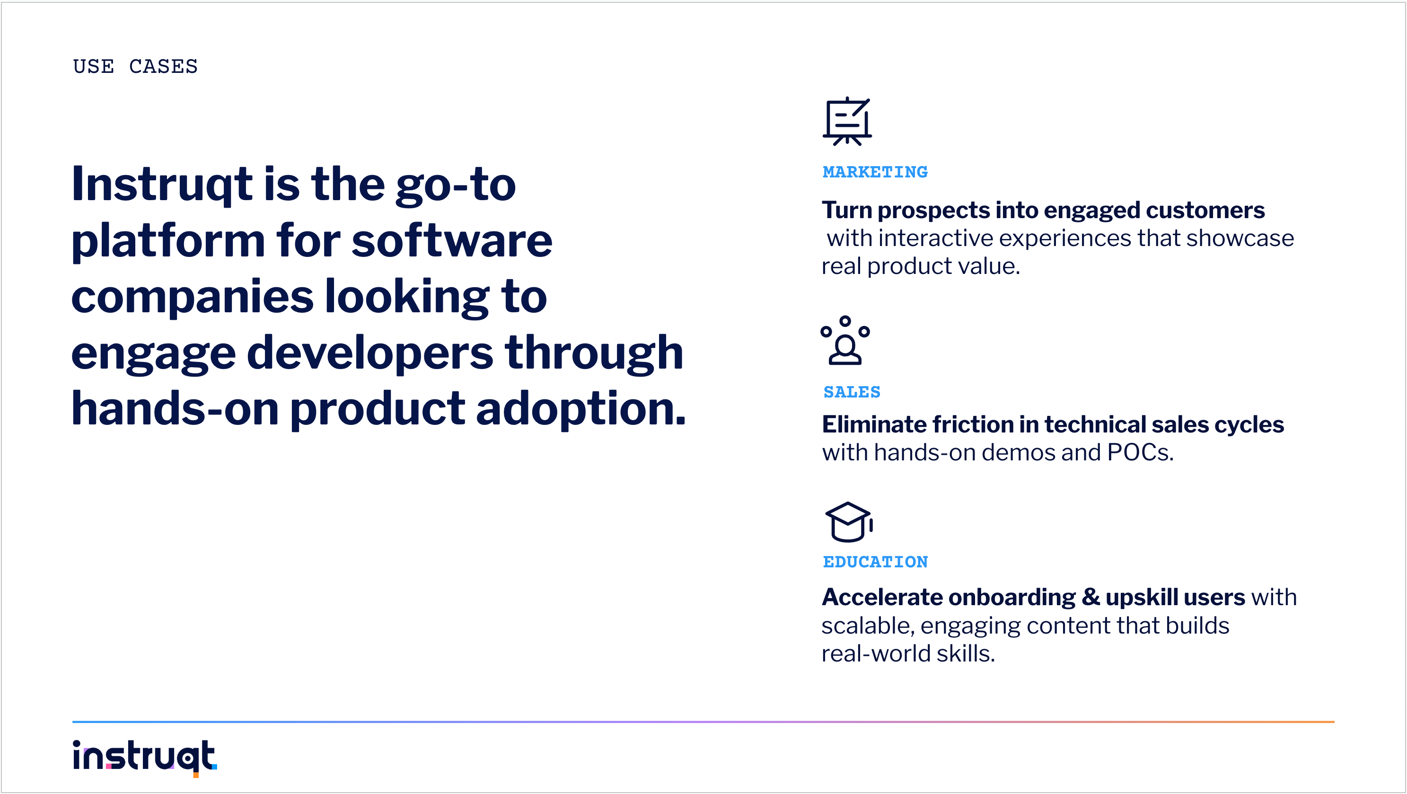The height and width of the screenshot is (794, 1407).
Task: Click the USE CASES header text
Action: pos(135,66)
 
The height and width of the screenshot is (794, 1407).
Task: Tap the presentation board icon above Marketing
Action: pos(847,121)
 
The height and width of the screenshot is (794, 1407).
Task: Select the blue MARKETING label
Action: pos(875,172)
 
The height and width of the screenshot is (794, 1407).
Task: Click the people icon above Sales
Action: pos(845,340)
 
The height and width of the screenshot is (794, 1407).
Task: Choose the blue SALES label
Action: pos(852,392)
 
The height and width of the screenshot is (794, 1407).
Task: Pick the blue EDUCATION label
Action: pos(875,562)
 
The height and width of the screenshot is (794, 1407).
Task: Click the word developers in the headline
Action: pos(370,354)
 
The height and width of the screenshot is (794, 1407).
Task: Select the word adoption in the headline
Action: pos(581,410)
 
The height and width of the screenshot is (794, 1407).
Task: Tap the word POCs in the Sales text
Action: pos(1141,452)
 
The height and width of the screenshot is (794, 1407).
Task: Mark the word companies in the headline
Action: pos(192,298)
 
